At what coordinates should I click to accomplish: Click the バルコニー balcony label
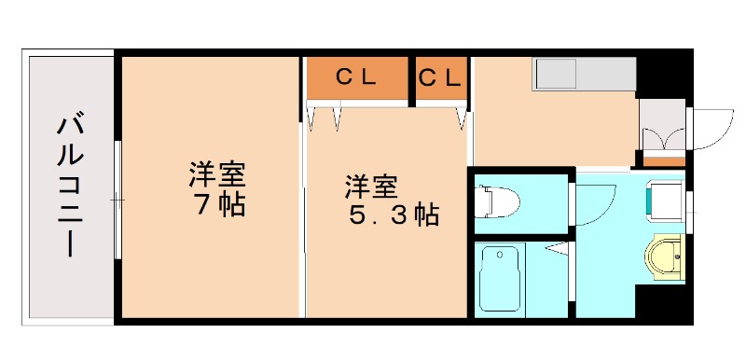tap(67, 186)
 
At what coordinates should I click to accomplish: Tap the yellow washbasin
tap(667, 254)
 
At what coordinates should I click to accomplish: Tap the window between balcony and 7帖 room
tap(117, 200)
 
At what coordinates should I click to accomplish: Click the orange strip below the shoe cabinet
tap(663, 160)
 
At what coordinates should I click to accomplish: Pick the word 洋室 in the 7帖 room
tap(216, 174)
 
